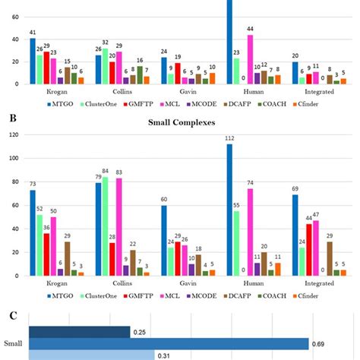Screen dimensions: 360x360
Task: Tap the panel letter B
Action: (9, 119)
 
